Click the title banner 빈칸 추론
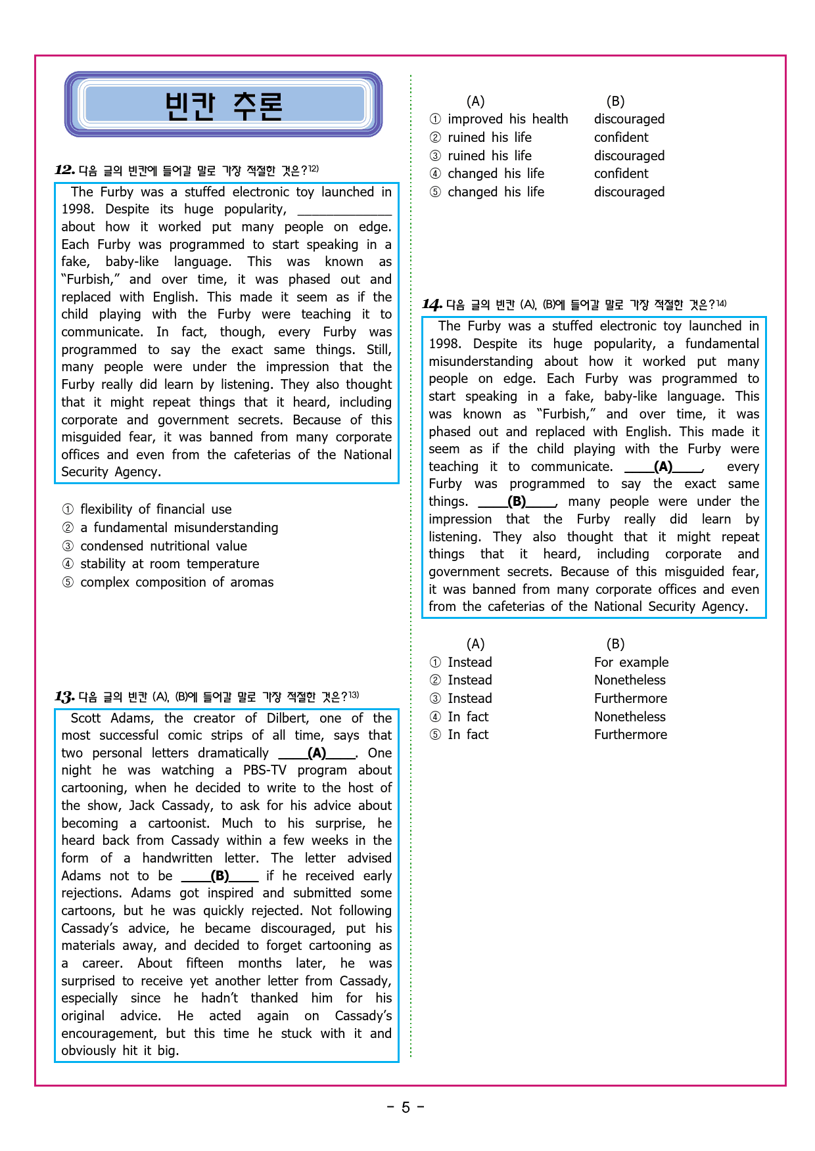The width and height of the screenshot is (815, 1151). (x=223, y=105)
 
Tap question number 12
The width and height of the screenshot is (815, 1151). (x=64, y=170)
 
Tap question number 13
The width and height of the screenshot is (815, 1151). (x=64, y=696)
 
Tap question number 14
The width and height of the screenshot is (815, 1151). (x=431, y=304)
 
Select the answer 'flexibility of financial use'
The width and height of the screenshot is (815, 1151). (x=156, y=509)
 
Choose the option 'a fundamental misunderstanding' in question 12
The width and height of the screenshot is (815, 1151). (x=179, y=528)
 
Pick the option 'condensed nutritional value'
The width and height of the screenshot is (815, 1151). (x=164, y=546)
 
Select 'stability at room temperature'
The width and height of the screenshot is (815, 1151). (x=170, y=564)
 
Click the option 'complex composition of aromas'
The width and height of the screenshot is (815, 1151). (x=177, y=582)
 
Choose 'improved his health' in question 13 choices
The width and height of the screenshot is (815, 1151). (x=507, y=119)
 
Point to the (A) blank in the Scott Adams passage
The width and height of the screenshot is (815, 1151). (x=317, y=753)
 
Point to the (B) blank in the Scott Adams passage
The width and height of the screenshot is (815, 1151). (x=220, y=876)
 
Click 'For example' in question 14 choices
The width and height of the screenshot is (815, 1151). (x=631, y=662)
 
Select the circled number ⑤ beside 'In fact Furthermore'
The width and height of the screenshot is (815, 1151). (x=435, y=734)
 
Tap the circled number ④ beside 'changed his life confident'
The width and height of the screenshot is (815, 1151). (x=435, y=173)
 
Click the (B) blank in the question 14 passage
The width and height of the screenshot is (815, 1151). (x=517, y=501)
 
